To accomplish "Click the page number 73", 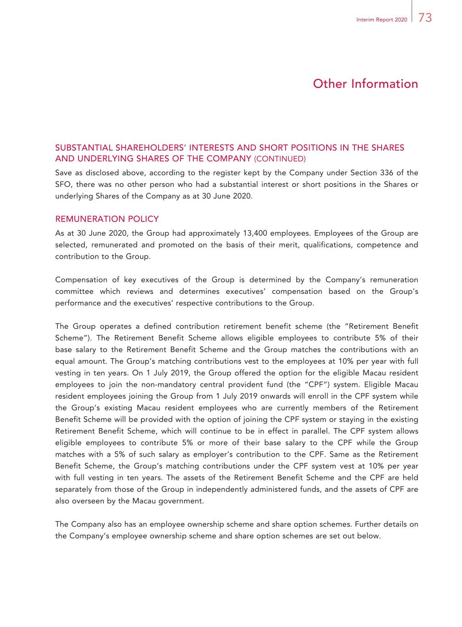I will [x=425, y=18].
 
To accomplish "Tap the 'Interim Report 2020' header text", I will [x=382, y=20].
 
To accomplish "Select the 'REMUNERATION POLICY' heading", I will [x=107, y=219].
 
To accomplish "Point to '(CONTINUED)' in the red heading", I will [x=279, y=159].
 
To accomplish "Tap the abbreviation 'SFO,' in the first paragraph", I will [x=63, y=185].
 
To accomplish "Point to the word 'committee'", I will [x=74, y=291].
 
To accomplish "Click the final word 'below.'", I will [x=369, y=536].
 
